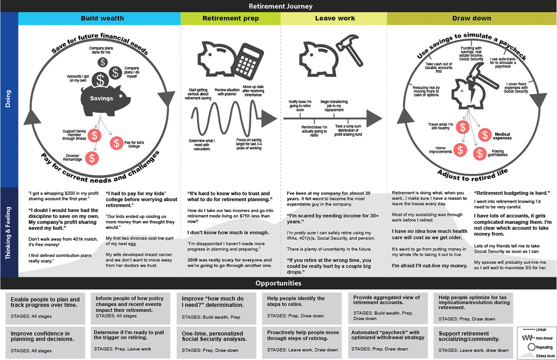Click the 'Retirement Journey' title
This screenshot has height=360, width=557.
[280, 6]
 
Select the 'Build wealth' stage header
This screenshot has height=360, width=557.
[102, 19]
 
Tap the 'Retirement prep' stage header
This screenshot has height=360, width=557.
[230, 19]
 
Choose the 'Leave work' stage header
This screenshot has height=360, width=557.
[335, 19]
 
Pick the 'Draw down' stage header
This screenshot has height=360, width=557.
[472, 19]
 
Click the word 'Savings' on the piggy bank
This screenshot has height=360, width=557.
[101, 98]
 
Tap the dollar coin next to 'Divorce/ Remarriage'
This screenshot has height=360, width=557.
[93, 158]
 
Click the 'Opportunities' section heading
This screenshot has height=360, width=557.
[278, 283]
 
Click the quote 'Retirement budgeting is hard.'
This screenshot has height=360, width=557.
[512, 193]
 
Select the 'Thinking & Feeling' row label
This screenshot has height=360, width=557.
[9, 232]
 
